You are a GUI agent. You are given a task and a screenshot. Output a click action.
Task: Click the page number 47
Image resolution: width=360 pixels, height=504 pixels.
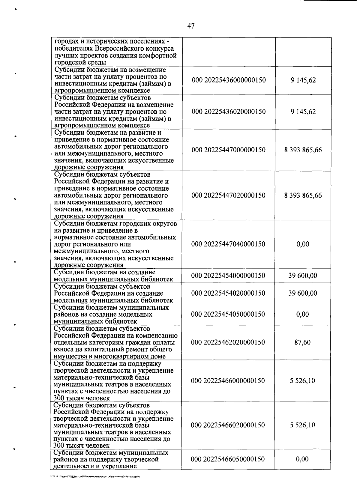(x=191, y=26)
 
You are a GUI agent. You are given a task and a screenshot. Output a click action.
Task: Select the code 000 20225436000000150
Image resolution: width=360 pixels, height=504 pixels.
(x=229, y=80)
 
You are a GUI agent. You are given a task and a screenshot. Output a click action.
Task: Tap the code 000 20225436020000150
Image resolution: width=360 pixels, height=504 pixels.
(x=229, y=112)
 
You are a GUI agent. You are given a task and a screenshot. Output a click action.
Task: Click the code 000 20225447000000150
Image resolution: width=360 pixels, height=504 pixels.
(x=228, y=150)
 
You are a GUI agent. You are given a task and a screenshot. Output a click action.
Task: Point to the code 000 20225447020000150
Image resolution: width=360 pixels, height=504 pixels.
(x=228, y=195)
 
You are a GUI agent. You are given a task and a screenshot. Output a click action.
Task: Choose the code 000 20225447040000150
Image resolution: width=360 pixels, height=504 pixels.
(x=228, y=244)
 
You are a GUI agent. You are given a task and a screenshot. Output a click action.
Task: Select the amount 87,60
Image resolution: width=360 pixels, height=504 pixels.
(x=302, y=342)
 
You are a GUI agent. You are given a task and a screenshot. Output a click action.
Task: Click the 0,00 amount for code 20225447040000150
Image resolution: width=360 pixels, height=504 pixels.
(x=303, y=244)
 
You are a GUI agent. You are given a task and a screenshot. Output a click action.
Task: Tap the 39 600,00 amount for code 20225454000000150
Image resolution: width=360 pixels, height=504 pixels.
(x=303, y=276)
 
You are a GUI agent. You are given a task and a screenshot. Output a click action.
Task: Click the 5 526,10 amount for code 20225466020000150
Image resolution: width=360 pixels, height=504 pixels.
(x=302, y=425)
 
